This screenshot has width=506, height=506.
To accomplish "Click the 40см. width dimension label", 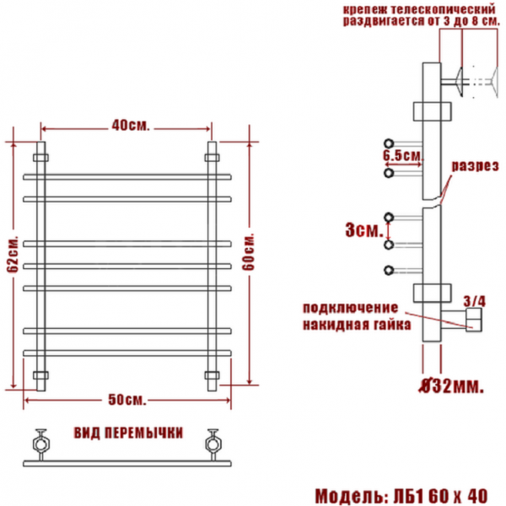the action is click(x=131, y=125).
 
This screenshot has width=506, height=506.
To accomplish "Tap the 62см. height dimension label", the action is click(x=13, y=256).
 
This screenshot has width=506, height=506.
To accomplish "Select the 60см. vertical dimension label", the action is click(x=249, y=251).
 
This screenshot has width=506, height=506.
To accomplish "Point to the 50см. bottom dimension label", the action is click(x=126, y=400).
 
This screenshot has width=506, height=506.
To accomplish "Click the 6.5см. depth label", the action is click(x=402, y=156).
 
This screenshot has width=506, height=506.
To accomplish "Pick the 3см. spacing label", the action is click(x=364, y=230).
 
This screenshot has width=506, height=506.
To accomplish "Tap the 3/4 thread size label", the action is click(x=474, y=301).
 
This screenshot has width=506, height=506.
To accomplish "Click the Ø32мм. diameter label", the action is click(x=451, y=385).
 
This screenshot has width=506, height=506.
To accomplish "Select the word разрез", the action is click(x=475, y=166).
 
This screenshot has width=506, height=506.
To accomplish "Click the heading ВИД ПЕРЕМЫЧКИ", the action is click(x=128, y=433).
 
